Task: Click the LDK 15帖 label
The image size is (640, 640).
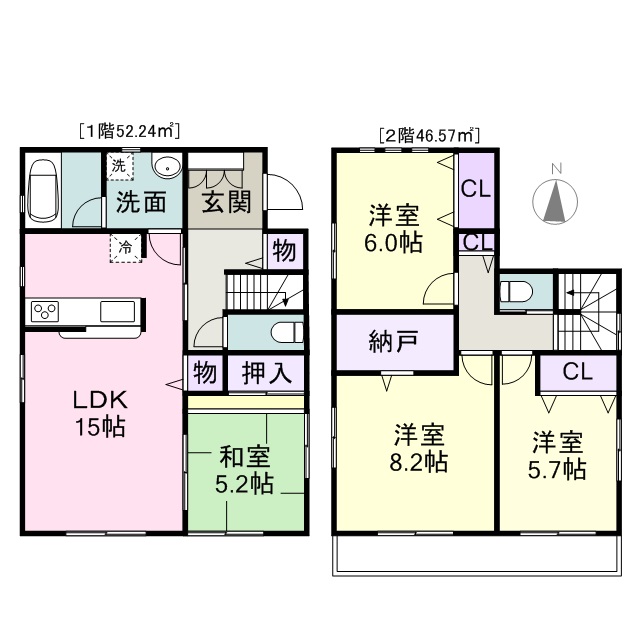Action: (100, 413)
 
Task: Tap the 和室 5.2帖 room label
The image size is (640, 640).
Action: (244, 470)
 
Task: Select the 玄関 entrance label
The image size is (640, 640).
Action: (227, 201)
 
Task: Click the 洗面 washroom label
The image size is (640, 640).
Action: (141, 201)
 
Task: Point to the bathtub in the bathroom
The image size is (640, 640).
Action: (42, 190)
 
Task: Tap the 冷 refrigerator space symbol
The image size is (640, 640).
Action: (126, 248)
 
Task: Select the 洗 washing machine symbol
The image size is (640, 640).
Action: (120, 166)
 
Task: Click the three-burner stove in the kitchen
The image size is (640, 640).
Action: (45, 311)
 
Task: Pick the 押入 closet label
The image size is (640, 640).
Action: (267, 373)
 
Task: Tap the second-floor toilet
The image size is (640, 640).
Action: (516, 292)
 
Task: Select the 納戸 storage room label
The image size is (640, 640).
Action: (394, 341)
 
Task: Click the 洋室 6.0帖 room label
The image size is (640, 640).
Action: (393, 228)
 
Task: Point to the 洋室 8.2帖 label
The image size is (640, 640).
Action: (419, 448)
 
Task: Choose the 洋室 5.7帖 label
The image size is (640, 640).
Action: (557, 455)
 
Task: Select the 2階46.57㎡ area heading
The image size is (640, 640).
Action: (429, 135)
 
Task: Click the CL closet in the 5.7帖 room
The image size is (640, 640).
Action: (578, 372)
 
